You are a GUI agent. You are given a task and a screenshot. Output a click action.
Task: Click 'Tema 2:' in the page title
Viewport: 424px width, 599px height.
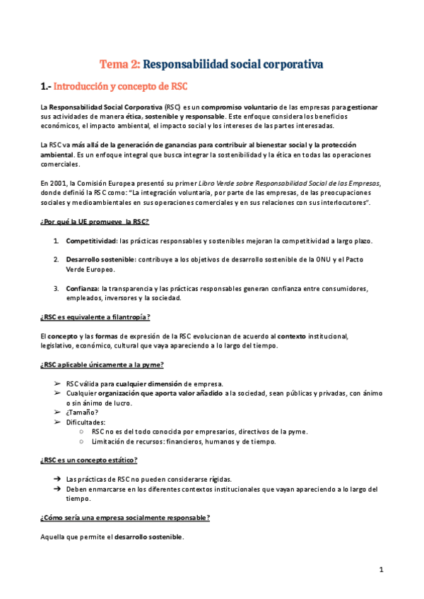click(119, 64)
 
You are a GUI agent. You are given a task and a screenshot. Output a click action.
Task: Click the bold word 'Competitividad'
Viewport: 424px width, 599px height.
click(91, 241)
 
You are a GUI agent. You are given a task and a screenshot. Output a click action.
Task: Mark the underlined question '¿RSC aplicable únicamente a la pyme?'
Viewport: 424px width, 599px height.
click(102, 364)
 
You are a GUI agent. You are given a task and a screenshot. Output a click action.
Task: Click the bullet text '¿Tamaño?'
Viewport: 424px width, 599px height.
click(83, 412)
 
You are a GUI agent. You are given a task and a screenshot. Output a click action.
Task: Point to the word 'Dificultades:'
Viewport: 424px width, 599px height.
click(88, 422)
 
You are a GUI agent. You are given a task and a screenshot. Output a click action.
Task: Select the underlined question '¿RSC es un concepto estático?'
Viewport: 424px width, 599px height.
click(89, 460)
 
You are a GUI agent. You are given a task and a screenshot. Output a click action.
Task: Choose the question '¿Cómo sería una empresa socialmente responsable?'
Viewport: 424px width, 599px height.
click(124, 518)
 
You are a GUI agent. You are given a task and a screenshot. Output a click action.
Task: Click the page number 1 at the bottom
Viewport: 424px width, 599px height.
click(380, 569)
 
